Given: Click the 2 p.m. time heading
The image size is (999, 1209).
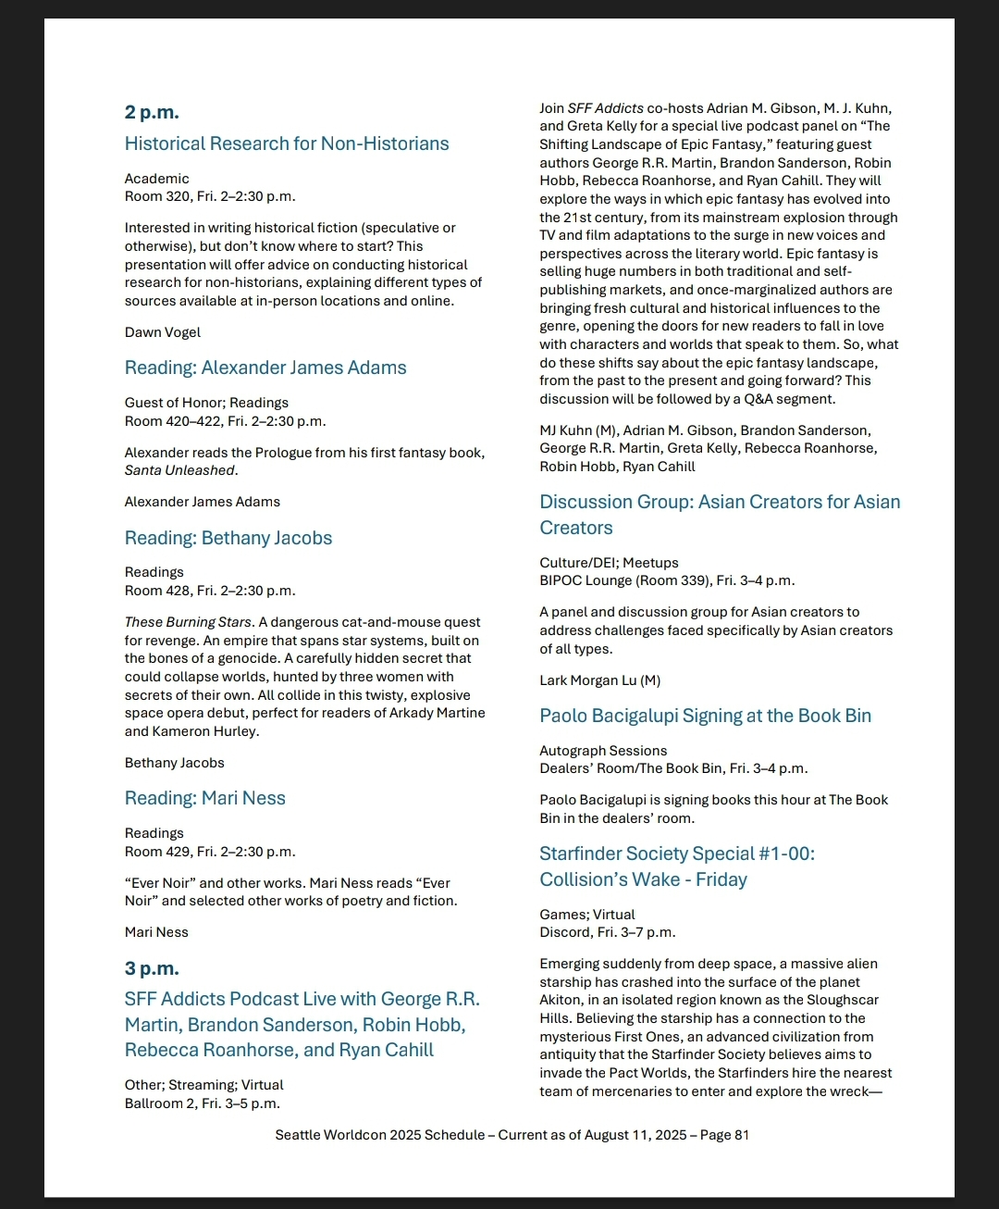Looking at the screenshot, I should pos(152,113).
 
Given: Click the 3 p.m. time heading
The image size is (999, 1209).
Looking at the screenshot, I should pos(152,968).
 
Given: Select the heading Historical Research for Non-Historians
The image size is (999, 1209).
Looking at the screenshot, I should pos(287,143).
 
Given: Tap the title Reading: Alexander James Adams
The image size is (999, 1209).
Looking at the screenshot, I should pos(265,368).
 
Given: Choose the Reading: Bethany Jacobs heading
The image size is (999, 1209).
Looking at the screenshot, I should pos(228,538).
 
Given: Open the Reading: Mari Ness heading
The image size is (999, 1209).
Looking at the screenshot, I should pos(205,798).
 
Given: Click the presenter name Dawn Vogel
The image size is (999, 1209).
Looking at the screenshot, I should pos(163,332).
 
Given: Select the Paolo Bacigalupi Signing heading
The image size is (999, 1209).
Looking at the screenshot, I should pos(705,716).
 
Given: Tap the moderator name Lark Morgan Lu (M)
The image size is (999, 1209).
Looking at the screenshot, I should pos(599,680).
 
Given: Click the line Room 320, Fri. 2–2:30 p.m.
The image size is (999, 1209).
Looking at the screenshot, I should pos(210,196).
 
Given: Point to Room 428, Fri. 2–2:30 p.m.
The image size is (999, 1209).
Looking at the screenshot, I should pos(210,591).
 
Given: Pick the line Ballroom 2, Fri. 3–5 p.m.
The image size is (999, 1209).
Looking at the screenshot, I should pos(203,1103).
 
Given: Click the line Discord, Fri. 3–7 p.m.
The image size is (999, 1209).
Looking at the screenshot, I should pos(608,932).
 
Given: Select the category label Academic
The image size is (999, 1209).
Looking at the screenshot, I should pos(157,179).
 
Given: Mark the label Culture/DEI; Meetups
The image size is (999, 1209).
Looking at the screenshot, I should pos(609,563).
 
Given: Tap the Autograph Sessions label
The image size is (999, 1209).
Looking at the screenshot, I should pos(603,751).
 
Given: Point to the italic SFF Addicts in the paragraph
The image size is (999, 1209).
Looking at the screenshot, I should pos(605,108).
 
